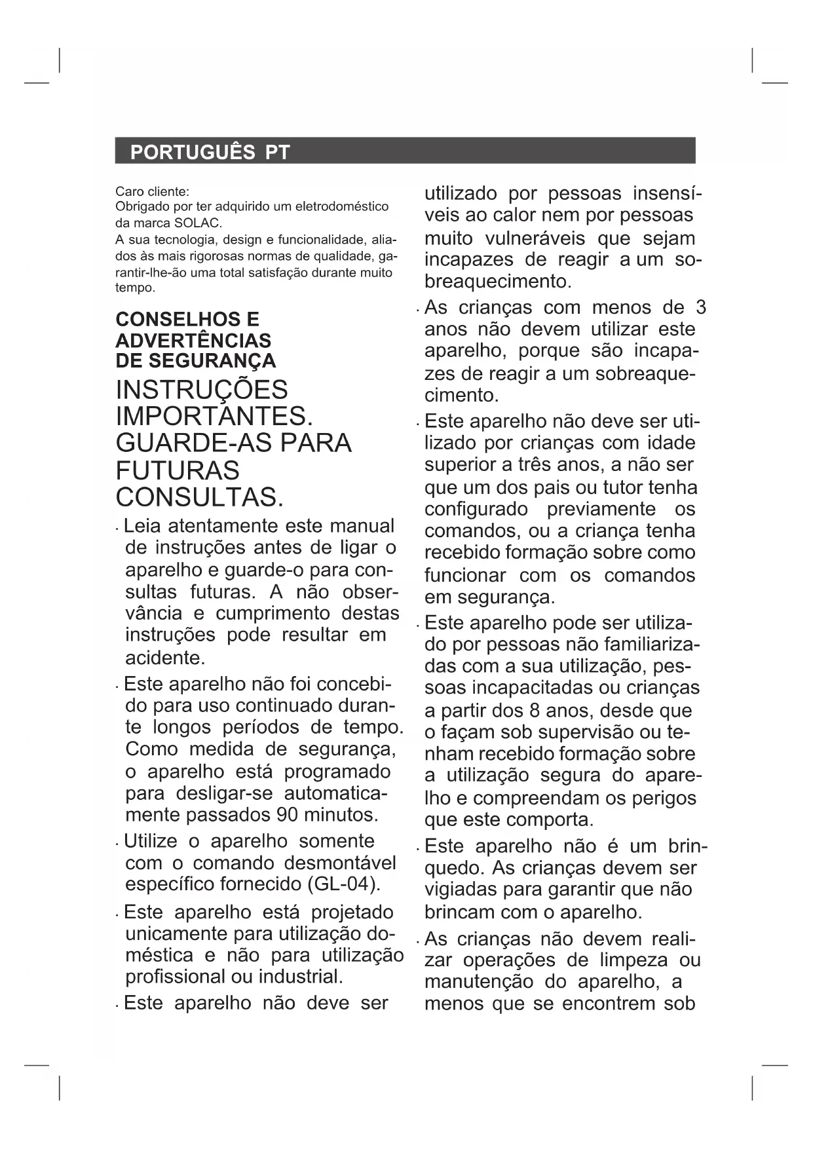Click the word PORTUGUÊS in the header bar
193,153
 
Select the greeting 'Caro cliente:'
152,192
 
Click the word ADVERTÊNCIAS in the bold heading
193,341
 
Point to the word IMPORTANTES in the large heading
213,417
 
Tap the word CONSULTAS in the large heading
199,498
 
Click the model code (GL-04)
343,884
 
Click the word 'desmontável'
340,863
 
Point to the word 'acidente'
164,658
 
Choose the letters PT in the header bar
277,153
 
